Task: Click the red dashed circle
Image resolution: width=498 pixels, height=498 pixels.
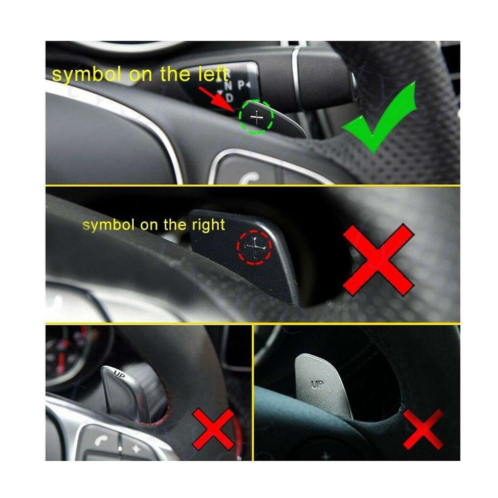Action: pos(254,248)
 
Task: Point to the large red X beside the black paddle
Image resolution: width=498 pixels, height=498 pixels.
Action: pos(378,260)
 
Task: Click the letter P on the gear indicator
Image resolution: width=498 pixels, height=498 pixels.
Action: pos(241,85)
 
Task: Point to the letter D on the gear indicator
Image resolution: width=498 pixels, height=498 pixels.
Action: pos(229,98)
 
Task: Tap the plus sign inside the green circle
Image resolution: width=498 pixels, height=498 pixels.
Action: pos(257,117)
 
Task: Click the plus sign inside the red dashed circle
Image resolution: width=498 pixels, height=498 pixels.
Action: pos(255,247)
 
